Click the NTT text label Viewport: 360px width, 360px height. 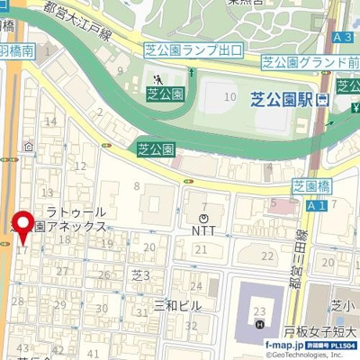tap(203, 229)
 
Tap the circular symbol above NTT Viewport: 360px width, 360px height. tap(204, 217)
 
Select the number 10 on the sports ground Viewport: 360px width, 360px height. tap(230, 96)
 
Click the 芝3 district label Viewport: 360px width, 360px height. tap(140, 274)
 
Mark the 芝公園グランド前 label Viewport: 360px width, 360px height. tap(309, 63)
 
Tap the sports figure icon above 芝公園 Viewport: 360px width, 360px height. tap(159, 79)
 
